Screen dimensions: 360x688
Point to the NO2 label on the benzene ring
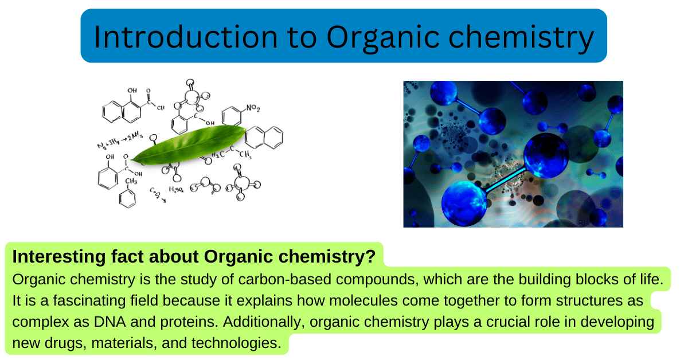pos(253,107)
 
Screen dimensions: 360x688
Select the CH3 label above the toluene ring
pos(131,182)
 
